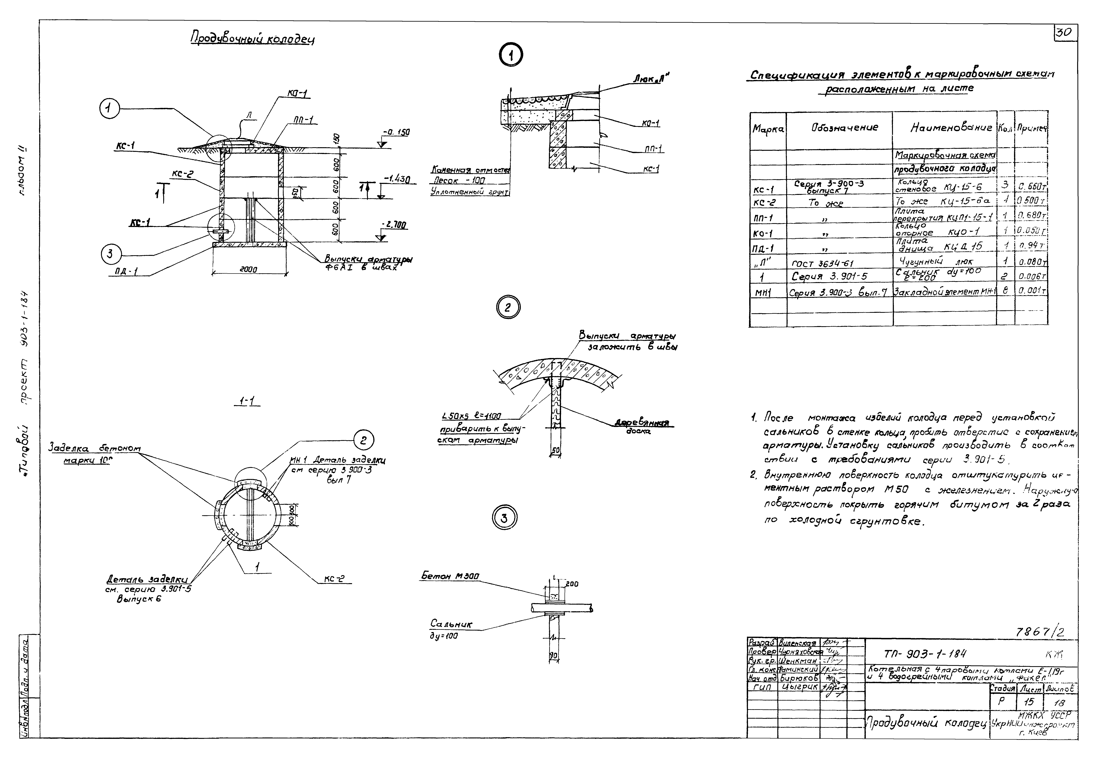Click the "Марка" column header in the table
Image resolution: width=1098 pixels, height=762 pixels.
click(x=768, y=129)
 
